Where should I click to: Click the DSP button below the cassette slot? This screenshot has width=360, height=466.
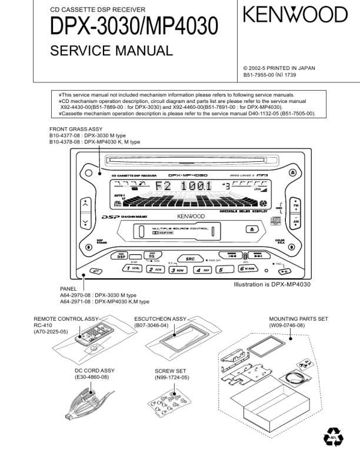tap(121, 256)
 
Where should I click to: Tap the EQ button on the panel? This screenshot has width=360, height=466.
tap(151, 256)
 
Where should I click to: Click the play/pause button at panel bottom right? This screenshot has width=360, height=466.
tap(284, 271)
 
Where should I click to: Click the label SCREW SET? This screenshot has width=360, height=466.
tap(171, 371)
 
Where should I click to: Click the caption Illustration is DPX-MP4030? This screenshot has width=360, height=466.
tap(272, 284)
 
